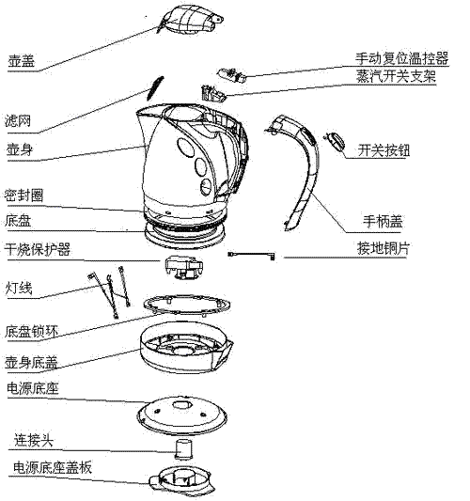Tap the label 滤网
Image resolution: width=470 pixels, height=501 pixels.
22,121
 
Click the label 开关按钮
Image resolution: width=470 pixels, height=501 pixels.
385,149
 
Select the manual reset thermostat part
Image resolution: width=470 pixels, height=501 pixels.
228,72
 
